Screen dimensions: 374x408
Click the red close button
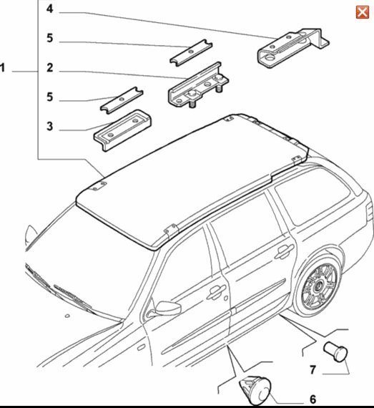point(363,12)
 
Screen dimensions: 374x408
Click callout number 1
point(3,68)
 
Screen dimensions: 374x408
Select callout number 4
point(49,9)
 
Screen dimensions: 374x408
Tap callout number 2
point(49,68)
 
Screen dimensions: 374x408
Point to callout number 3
point(49,127)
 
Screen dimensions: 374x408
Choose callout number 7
point(313,369)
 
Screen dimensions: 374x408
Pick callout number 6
point(313,399)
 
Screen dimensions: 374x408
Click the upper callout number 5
point(49,38)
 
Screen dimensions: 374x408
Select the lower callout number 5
point(49,97)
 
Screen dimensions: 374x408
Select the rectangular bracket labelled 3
point(123,130)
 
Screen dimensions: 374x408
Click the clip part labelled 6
point(255,391)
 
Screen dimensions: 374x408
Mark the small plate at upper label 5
point(191,53)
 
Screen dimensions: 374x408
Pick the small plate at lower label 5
point(122,100)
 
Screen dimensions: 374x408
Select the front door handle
point(216,292)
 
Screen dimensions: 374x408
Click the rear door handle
point(284,252)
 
